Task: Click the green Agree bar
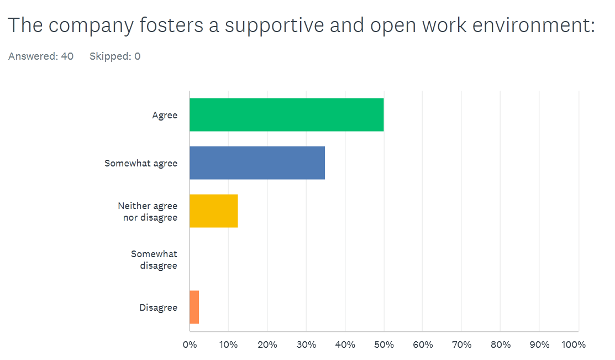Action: point(286,115)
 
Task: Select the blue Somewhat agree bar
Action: point(257,163)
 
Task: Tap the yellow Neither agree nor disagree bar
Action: point(213,211)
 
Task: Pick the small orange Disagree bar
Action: point(194,307)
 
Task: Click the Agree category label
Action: point(165,115)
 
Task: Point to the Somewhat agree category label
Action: point(141,163)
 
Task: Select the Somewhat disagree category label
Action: point(154,259)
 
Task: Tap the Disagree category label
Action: point(158,307)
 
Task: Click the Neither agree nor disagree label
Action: point(148,211)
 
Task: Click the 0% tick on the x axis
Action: point(190,345)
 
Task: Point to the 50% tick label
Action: point(383,345)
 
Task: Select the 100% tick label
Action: point(573,345)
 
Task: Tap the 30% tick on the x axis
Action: point(306,345)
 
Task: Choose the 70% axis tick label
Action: point(461,345)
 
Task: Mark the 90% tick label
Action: point(539,345)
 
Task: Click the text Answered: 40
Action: point(41,56)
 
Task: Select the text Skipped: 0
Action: point(115,56)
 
